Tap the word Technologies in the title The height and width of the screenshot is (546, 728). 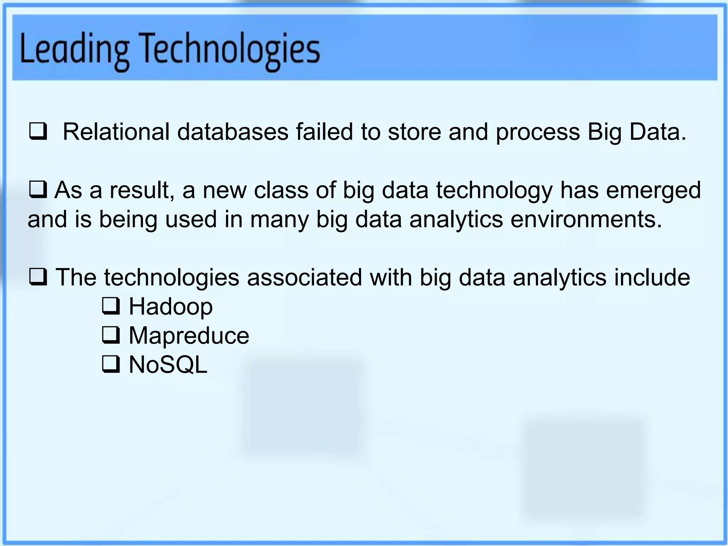[231, 50]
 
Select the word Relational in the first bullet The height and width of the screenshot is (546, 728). [116, 132]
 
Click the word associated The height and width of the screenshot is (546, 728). [304, 277]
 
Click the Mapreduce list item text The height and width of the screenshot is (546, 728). [189, 336]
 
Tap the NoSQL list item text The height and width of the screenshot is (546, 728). [168, 365]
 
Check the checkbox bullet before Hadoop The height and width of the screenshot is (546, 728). [111, 307]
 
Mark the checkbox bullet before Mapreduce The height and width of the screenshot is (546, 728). [111, 336]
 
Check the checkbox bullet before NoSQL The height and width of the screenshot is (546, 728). [111, 365]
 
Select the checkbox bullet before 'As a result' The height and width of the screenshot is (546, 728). [38, 190]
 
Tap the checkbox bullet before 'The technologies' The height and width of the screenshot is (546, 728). [38, 278]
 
